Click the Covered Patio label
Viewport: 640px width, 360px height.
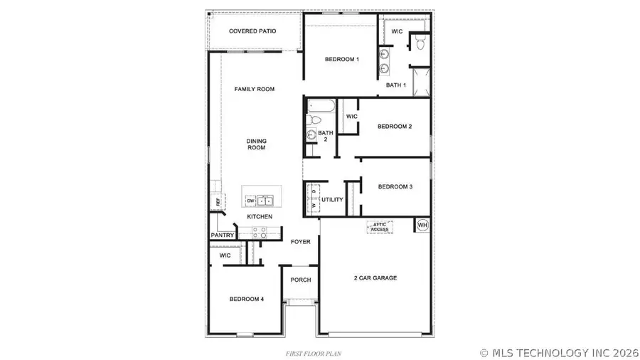tap(252, 31)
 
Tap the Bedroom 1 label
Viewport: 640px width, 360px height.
tap(341, 59)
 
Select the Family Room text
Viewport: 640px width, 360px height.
tap(255, 89)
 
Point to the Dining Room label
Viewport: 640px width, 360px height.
tap(256, 144)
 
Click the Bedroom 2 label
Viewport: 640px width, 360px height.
tap(395, 127)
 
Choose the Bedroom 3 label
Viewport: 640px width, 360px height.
tap(395, 186)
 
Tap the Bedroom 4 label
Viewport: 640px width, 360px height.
tap(247, 300)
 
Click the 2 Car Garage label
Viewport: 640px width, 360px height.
tap(375, 277)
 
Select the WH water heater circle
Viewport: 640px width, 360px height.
tap(422, 226)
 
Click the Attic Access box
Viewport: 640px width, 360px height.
tap(380, 227)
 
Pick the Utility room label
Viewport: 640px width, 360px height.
tap(332, 201)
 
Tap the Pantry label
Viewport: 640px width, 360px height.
tap(222, 235)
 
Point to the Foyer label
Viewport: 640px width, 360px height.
tap(301, 242)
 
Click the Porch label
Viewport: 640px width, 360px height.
tap(301, 280)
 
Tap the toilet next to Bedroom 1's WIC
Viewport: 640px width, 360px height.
tap(420, 45)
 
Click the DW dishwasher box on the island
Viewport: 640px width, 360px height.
tap(251, 201)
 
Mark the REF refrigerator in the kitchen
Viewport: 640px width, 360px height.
tap(218, 202)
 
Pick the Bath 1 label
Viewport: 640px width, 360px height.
tap(396, 85)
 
